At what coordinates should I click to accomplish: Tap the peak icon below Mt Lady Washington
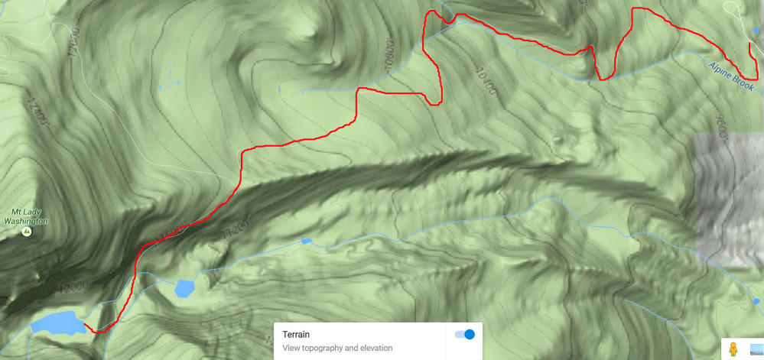[x=26, y=230]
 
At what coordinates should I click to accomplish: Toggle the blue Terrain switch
[x=464, y=334]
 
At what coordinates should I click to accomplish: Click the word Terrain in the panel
[x=297, y=335]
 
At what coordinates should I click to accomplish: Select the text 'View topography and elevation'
[x=337, y=348]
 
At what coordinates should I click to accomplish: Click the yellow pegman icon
[x=733, y=349]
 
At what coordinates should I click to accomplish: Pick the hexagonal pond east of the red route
[x=184, y=287]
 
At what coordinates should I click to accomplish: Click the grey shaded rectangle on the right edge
[x=728, y=199]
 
